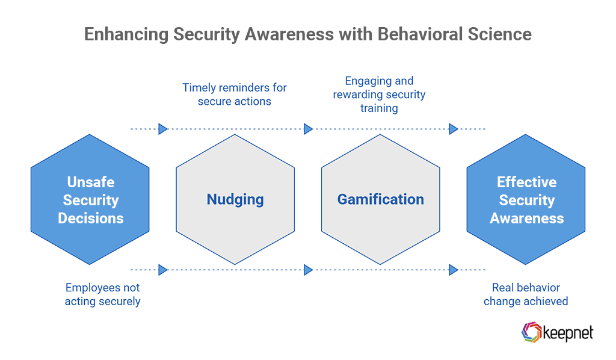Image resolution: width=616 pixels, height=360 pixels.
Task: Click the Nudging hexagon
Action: [x=235, y=199]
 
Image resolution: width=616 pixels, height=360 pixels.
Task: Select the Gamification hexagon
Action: [x=380, y=199]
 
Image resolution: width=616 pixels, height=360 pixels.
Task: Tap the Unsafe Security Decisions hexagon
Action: [x=90, y=199]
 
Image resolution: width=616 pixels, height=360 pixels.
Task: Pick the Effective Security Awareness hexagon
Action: [x=526, y=199]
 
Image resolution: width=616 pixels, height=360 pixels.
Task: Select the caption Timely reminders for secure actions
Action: [x=235, y=95]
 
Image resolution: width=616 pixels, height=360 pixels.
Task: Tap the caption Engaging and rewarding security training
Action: [x=379, y=95]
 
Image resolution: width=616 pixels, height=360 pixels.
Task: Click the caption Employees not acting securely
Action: [x=102, y=294]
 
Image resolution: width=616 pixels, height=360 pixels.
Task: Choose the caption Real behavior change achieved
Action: [x=526, y=294]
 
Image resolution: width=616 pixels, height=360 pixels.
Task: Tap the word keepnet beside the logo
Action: [x=567, y=333]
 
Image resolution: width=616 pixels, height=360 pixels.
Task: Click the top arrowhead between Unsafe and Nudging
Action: [x=163, y=129]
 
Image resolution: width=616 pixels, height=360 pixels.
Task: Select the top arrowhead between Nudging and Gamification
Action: [x=308, y=129]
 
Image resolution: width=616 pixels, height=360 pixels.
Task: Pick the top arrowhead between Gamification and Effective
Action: [x=454, y=129]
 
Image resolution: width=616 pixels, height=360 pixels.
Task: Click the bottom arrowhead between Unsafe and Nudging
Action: [x=163, y=270]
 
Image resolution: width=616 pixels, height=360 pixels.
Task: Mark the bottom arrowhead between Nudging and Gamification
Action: [x=308, y=270]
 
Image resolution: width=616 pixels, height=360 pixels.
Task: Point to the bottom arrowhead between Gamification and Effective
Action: [x=454, y=270]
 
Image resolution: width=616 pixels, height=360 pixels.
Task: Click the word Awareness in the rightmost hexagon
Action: [x=526, y=218]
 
